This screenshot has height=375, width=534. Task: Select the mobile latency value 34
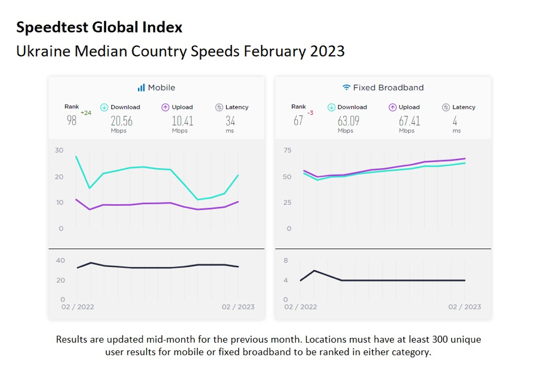(230, 121)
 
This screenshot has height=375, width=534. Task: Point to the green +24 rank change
(85, 113)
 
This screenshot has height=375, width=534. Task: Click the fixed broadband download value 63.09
(348, 121)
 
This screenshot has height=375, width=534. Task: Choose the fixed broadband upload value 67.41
(409, 121)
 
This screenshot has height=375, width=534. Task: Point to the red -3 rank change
(310, 113)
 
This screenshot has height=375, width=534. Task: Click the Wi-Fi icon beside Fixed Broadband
(346, 88)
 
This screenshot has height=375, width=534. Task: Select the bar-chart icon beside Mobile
(141, 88)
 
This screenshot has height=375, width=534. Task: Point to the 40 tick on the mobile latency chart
(60, 261)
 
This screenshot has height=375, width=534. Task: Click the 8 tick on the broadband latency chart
(285, 261)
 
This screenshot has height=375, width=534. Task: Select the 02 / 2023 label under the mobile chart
(238, 307)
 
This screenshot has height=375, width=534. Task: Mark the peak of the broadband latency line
(314, 270)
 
